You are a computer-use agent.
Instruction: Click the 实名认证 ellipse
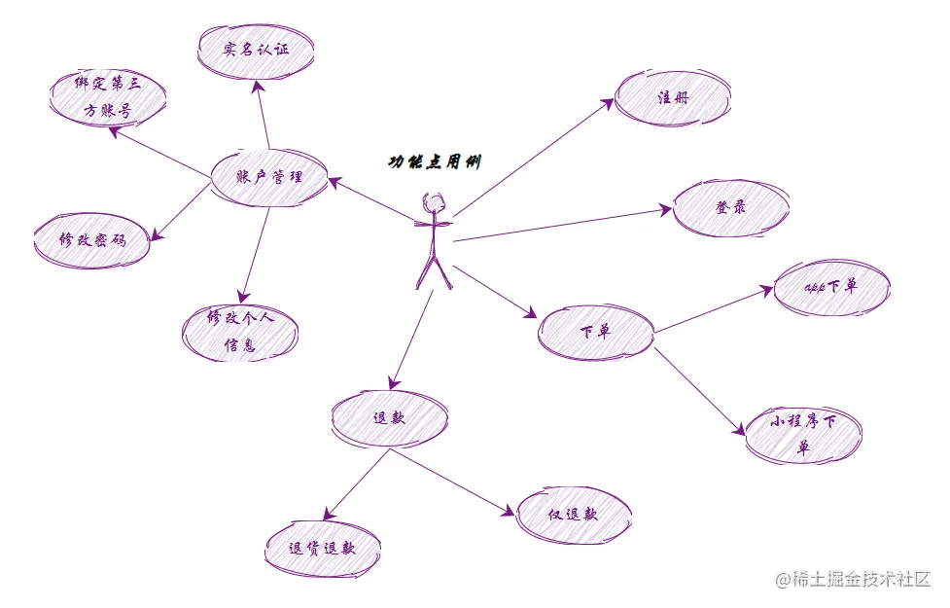256,50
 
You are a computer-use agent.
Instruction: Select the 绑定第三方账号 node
107,98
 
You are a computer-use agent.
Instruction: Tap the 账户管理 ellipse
269,177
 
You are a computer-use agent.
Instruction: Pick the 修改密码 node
92,239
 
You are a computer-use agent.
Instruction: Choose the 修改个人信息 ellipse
239,333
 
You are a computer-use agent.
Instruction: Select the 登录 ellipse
730,208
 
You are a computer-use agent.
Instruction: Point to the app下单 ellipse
831,287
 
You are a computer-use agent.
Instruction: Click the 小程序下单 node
803,434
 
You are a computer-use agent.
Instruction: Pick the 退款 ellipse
389,418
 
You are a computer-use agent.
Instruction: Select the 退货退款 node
322,548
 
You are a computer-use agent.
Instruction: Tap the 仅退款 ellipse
573,515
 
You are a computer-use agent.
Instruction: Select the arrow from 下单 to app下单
715,310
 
